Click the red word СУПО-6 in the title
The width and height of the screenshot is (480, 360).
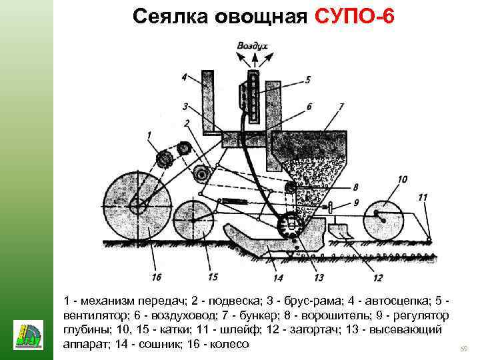coord(353,17)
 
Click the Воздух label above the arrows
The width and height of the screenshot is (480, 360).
coord(252,46)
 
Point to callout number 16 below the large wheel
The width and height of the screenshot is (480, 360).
coord(157,277)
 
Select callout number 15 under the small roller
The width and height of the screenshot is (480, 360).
coord(213,277)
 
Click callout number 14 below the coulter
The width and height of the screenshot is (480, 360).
coord(278,277)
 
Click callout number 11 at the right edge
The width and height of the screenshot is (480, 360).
coord(423,197)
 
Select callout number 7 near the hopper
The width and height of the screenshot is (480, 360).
coord(341,106)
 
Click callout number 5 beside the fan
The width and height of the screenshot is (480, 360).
coord(307,79)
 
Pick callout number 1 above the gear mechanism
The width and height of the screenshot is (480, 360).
coord(150,136)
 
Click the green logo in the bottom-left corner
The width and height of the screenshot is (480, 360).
coord(28,334)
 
